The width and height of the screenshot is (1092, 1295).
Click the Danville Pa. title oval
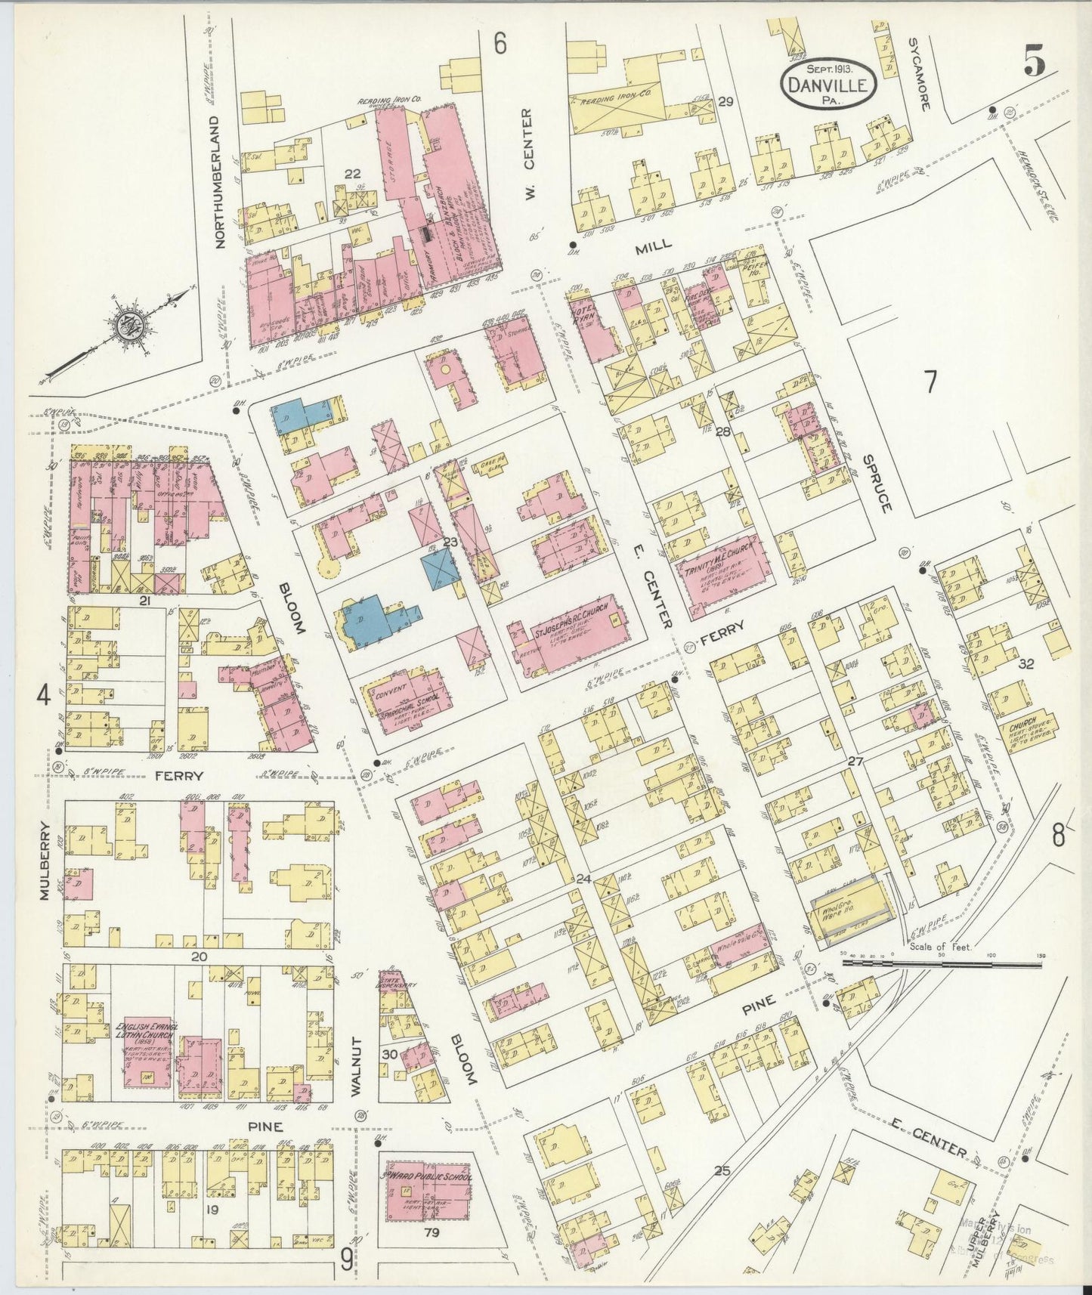click(x=829, y=85)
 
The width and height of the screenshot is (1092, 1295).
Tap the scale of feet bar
click(x=941, y=963)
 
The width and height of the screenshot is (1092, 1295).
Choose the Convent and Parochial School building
click(x=404, y=700)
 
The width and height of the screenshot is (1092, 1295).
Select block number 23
click(x=451, y=541)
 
